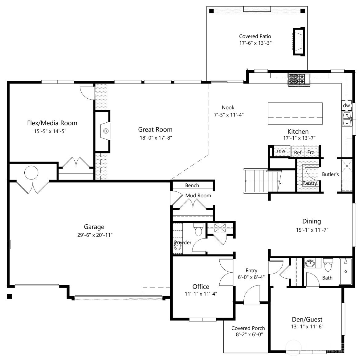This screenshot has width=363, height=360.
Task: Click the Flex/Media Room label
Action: tap(52, 123)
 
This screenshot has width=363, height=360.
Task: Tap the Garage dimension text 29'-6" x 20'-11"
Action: tap(94, 235)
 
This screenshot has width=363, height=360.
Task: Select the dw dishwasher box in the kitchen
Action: tap(346, 105)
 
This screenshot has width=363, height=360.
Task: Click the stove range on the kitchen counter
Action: tap(299, 79)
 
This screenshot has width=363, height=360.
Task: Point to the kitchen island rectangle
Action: tap(295, 113)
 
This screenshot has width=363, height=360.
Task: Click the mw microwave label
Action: tap(281, 151)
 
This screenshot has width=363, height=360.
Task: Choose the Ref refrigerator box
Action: tap(298, 152)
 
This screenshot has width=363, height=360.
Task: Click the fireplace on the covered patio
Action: tap(298, 41)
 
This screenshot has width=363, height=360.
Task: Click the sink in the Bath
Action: tap(310, 264)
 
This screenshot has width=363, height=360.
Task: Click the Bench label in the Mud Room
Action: tap(192, 185)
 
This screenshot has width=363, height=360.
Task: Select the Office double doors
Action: tap(226, 271)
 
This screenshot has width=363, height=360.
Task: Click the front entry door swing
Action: tap(252, 294)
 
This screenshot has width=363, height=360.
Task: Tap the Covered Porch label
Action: tap(248, 328)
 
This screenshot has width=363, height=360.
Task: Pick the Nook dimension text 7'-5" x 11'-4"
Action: tap(228, 115)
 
